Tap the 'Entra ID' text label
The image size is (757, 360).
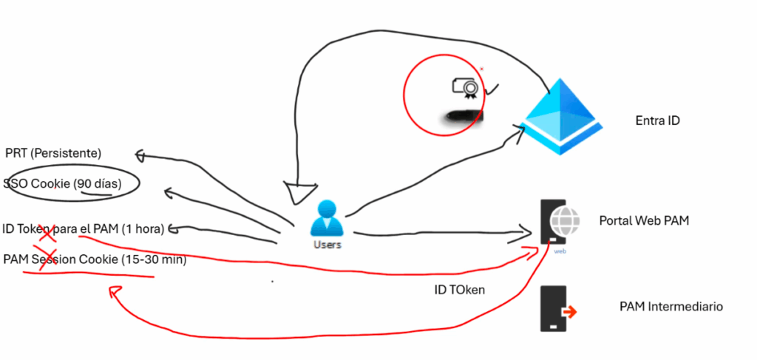(657, 120)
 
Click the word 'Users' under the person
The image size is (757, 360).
(326, 244)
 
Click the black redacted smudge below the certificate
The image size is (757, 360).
(461, 116)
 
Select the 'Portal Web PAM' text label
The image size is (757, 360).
(644, 220)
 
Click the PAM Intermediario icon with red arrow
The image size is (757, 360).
(556, 309)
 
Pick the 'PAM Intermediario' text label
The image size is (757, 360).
(671, 306)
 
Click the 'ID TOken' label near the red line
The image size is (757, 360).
(459, 290)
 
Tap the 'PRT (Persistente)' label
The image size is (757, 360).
(53, 153)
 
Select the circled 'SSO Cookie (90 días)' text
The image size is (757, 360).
(63, 183)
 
